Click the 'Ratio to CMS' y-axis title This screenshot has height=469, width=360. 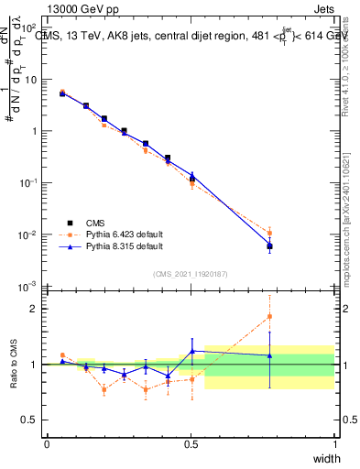11,365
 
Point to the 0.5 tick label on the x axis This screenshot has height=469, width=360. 191,443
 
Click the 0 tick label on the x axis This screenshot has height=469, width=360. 47,443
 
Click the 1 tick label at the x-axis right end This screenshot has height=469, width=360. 334,443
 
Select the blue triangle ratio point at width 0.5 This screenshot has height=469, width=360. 191,351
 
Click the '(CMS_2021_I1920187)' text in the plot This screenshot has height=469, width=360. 191,274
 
